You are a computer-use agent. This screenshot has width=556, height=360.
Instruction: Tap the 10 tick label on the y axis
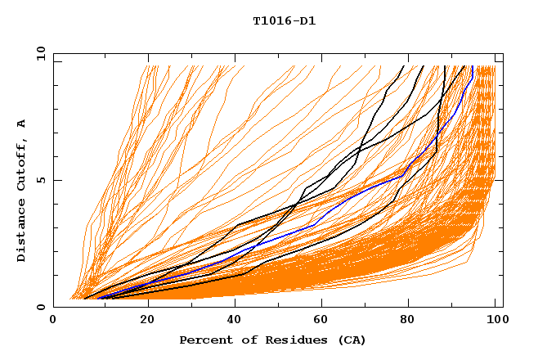38,53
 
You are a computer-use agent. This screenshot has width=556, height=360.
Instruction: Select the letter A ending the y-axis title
22,123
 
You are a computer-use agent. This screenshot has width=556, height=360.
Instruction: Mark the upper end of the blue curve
472,67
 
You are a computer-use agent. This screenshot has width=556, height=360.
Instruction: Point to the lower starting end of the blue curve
98,298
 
